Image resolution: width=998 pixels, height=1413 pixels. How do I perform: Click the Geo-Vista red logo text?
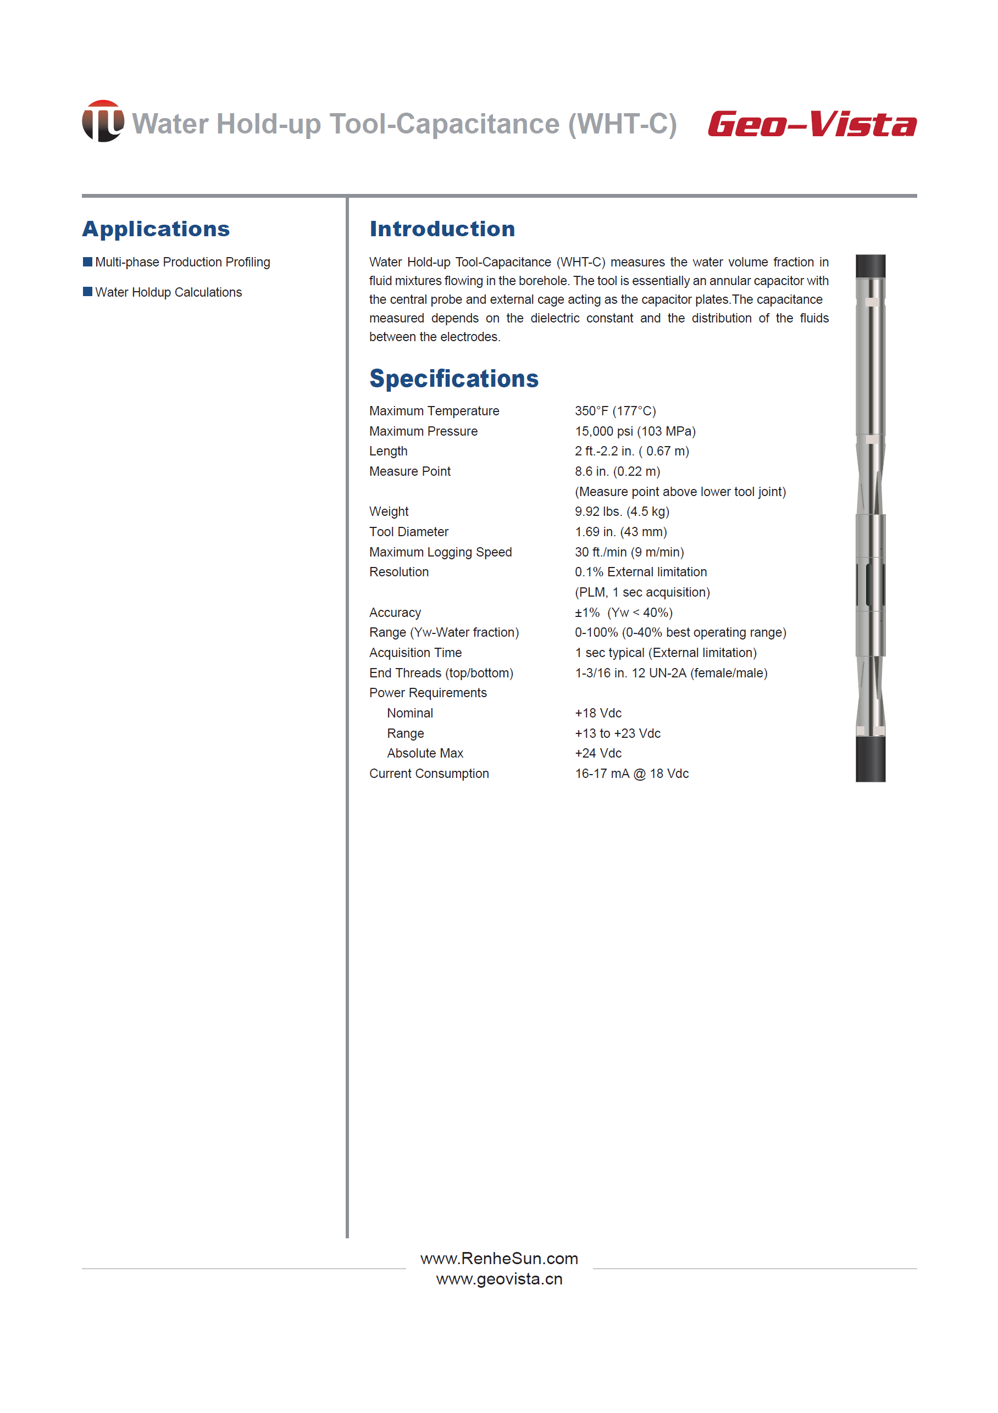click(x=812, y=124)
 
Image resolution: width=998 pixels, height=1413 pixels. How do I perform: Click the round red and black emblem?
click(x=103, y=121)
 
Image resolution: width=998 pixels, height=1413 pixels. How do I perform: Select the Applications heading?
click(x=156, y=229)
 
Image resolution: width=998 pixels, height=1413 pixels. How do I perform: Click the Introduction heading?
click(x=442, y=229)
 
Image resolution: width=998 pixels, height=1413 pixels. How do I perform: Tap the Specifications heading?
click(x=454, y=379)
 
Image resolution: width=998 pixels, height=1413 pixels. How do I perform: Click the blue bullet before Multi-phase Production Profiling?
click(x=87, y=262)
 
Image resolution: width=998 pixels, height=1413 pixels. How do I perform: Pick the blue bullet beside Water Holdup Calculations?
click(x=87, y=292)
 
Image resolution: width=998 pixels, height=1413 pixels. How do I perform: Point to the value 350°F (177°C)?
click(x=615, y=411)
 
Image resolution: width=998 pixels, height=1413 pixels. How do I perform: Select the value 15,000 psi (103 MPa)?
click(x=635, y=431)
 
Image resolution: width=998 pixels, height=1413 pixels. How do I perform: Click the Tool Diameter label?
click(x=409, y=532)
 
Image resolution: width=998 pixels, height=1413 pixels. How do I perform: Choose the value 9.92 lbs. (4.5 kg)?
click(x=622, y=511)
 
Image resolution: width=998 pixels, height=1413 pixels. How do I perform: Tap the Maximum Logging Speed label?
click(x=440, y=552)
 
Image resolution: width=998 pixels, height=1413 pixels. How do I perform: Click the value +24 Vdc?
click(x=598, y=753)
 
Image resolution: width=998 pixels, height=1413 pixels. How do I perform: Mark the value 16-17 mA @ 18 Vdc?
click(x=631, y=774)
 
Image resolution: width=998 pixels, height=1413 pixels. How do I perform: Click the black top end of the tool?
click(x=870, y=266)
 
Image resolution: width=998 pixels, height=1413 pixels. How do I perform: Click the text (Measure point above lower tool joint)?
click(x=680, y=492)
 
